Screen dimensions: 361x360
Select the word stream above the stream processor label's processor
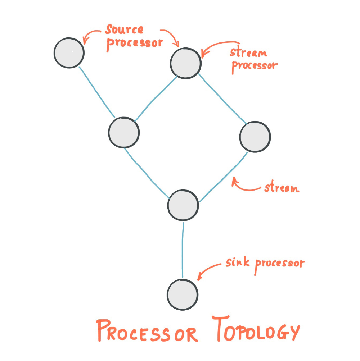coord(248,52)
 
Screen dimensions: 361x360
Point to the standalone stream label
coord(282,188)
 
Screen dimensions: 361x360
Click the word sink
coord(238,262)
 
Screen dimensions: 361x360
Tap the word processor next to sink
coord(279,264)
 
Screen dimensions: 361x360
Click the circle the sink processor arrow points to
coord(183,294)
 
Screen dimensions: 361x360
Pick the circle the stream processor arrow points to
coord(186,63)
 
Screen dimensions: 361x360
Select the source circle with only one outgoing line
coord(69,53)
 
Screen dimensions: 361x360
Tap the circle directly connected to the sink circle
coord(183,205)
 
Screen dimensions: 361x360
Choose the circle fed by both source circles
coord(123,133)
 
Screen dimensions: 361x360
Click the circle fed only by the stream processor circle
coord(255,137)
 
